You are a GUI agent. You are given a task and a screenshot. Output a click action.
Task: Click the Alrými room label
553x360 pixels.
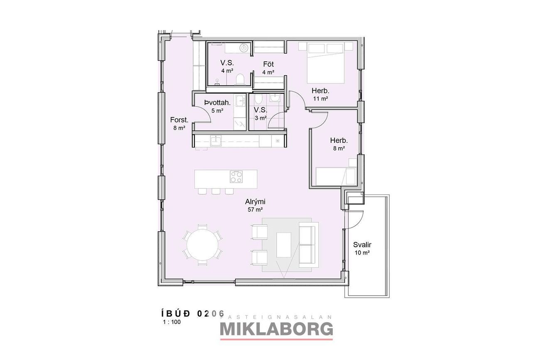click(x=255, y=202)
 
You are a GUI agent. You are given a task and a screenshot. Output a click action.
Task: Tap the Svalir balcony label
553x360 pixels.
click(x=362, y=245)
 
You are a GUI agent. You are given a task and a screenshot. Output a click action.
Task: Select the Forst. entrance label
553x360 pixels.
click(x=179, y=120)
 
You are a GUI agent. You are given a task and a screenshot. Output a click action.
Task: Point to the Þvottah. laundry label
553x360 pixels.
click(x=217, y=103)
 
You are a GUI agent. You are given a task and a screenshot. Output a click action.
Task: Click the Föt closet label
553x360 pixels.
click(x=268, y=64)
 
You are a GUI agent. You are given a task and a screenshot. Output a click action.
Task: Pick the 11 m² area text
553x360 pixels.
click(x=320, y=99)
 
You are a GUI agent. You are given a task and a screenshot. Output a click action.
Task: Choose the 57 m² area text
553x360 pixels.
click(x=255, y=210)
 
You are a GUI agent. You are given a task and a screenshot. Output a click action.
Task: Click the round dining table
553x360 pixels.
click(x=202, y=245)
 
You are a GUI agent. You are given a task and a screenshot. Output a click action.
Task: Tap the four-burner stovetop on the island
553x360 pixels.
click(x=236, y=176)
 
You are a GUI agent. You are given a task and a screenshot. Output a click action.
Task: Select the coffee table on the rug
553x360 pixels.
click(x=284, y=245)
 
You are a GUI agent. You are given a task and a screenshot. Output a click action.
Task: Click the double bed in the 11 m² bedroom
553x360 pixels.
click(x=326, y=63)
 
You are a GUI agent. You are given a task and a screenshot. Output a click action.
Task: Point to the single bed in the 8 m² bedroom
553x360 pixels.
click(x=336, y=176)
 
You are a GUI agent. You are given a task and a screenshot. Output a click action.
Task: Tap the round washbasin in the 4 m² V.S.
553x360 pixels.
click(x=244, y=48)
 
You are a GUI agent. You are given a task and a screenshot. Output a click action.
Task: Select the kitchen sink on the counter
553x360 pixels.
click(x=216, y=141)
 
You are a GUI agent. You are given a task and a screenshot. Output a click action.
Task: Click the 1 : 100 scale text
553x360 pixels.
click(x=172, y=322)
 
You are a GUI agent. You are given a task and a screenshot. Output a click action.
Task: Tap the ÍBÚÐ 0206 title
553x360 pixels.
click(x=193, y=313)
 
